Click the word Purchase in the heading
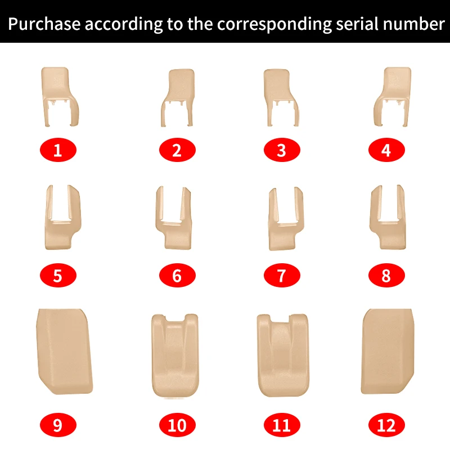point(44,24)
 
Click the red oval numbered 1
point(58,150)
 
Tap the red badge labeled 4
point(386,150)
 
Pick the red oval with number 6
point(177,275)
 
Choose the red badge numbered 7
point(282,275)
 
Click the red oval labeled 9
point(58,425)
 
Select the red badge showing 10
point(177,425)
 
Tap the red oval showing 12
point(386,425)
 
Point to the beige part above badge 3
point(277,86)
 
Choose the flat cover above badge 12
point(388,352)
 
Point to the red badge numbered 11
point(282,425)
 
